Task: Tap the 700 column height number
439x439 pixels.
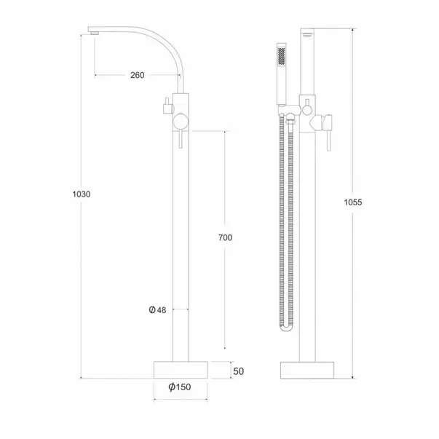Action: point(226,238)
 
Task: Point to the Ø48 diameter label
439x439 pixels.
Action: point(158,310)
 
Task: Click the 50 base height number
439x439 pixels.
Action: point(237,371)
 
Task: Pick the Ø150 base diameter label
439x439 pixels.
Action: point(179,387)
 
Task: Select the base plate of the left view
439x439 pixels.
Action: point(181,368)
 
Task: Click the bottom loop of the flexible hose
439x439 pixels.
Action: point(285,328)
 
